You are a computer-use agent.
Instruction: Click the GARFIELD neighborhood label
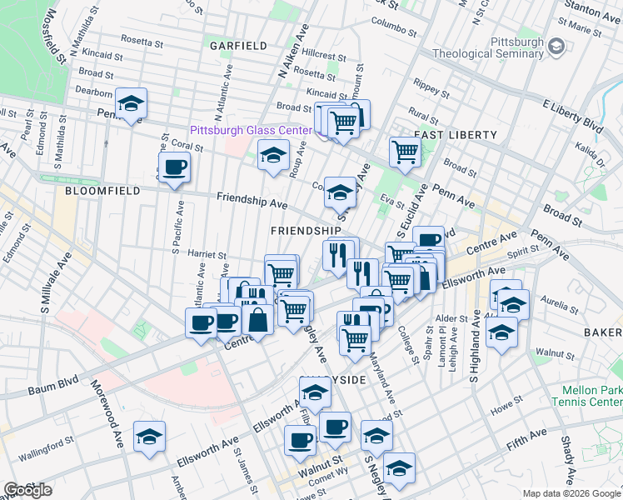pyautogui.click(x=238, y=45)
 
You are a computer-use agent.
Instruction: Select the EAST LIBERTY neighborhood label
pyautogui.click(x=455, y=134)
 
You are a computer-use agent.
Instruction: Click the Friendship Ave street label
pyautogui.click(x=252, y=200)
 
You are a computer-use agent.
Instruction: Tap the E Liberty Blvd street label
pyautogui.click(x=571, y=115)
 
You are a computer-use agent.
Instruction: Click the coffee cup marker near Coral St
pyautogui.click(x=175, y=167)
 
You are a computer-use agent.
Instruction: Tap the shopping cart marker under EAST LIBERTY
pyautogui.click(x=404, y=152)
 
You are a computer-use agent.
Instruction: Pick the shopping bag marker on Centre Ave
pyautogui.click(x=259, y=319)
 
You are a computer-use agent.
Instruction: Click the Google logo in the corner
pyautogui.click(x=27, y=490)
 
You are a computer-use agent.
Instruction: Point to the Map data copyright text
pyautogui.click(x=571, y=493)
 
